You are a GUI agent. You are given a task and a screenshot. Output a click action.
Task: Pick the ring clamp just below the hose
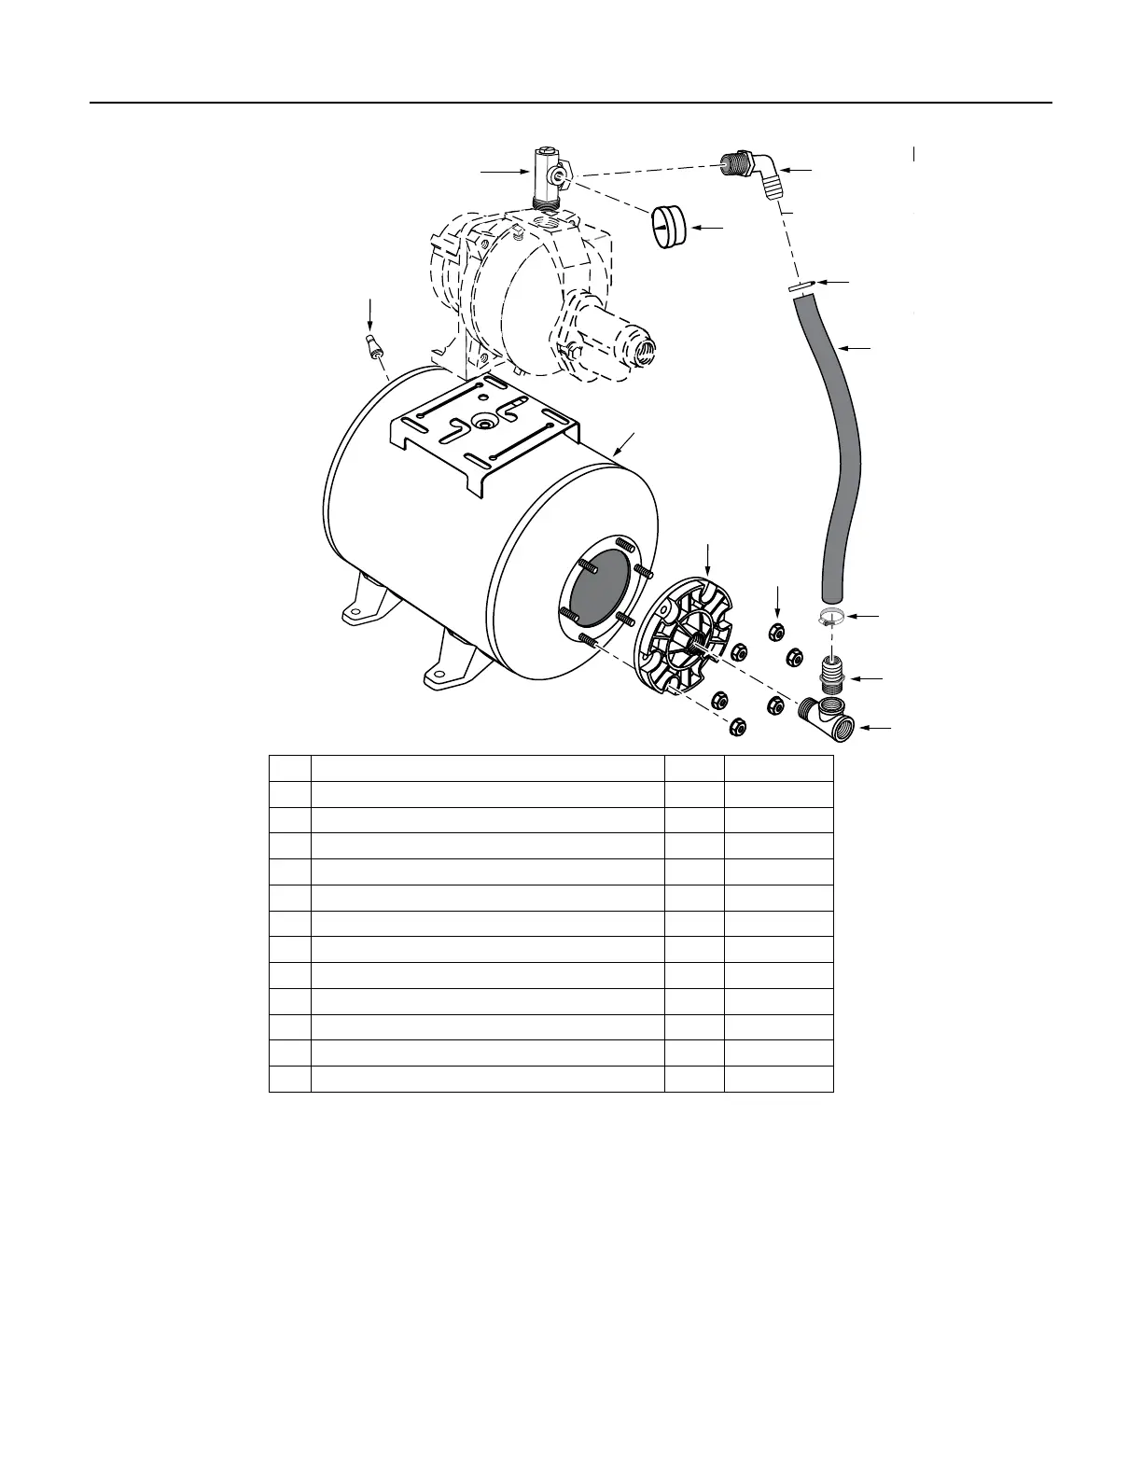point(833,617)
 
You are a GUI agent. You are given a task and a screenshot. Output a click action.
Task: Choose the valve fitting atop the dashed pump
point(549,178)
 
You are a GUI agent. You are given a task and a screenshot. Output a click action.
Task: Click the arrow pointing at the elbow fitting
point(796,171)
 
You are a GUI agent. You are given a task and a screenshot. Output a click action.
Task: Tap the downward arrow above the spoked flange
point(708,558)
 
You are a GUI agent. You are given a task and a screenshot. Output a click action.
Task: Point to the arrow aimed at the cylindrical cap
point(710,227)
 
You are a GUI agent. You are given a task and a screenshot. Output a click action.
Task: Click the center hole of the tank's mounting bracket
point(485,423)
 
